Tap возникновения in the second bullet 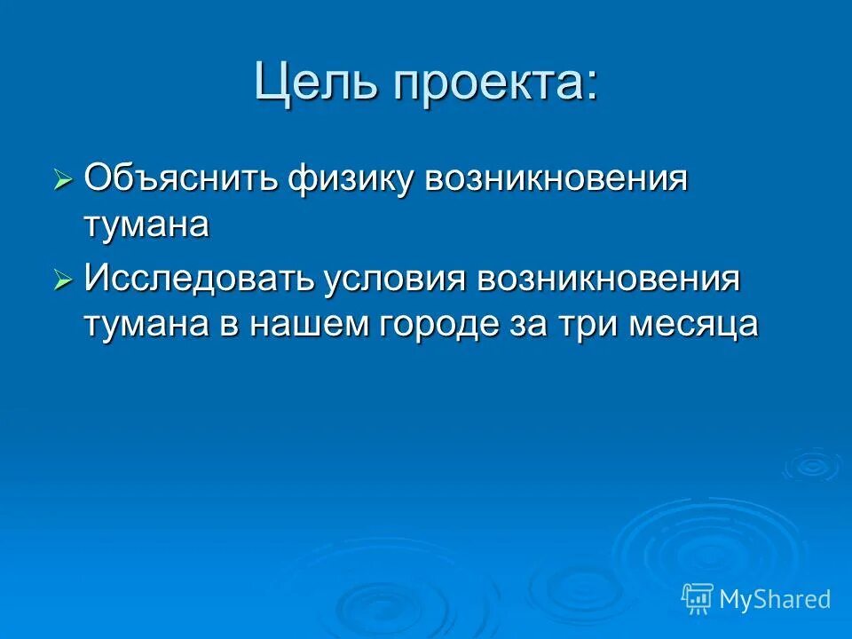(609, 280)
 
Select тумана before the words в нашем (147, 324)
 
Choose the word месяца (695, 324)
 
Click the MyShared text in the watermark (775, 599)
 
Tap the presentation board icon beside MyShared (698, 598)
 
